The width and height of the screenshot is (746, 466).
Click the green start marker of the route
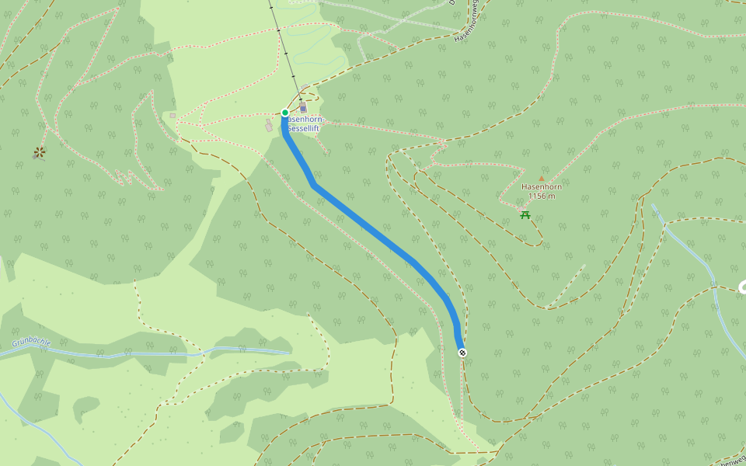coord(285,113)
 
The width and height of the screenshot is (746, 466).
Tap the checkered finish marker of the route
coord(462,353)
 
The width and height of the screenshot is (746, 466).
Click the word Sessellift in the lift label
coord(304,127)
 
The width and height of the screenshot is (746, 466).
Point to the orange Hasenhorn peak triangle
coord(542,178)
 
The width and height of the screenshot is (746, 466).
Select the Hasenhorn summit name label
coord(542,187)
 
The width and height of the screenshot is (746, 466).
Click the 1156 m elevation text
coord(542,196)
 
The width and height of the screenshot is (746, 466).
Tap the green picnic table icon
coord(526,214)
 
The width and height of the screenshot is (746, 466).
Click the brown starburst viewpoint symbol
coord(40,152)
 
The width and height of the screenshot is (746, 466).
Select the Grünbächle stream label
coord(32,343)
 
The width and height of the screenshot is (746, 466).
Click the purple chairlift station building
coord(303,108)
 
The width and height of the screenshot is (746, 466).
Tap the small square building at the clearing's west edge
coord(173,115)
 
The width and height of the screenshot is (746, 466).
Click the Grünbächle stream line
coord(155,353)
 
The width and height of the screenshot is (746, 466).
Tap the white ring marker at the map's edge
coord(742,287)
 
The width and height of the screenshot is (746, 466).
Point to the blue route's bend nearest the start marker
coord(314,186)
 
